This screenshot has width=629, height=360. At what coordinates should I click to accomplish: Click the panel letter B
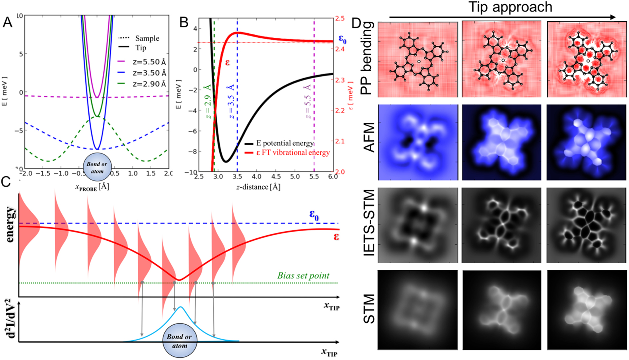[184, 22]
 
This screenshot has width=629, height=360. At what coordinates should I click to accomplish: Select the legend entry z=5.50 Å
[149, 62]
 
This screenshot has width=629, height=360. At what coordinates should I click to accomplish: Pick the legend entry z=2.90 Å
[149, 84]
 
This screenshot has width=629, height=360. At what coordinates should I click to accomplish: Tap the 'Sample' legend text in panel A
[147, 38]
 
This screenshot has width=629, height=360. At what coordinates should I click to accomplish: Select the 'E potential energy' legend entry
[284, 143]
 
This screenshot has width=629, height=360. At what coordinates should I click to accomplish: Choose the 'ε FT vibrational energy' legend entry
[293, 153]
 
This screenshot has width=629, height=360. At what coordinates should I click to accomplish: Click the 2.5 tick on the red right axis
[340, 18]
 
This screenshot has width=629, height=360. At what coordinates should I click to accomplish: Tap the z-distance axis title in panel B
[258, 187]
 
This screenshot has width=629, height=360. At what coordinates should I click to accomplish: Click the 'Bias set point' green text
[303, 275]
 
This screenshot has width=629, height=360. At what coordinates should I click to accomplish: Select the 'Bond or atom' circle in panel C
[179, 341]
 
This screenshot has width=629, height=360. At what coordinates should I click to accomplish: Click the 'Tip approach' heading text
[510, 7]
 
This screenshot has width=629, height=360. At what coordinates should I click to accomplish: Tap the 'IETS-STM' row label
[369, 223]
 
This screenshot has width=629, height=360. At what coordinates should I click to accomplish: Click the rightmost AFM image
[586, 142]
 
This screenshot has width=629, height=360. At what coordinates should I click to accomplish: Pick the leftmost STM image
[418, 309]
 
